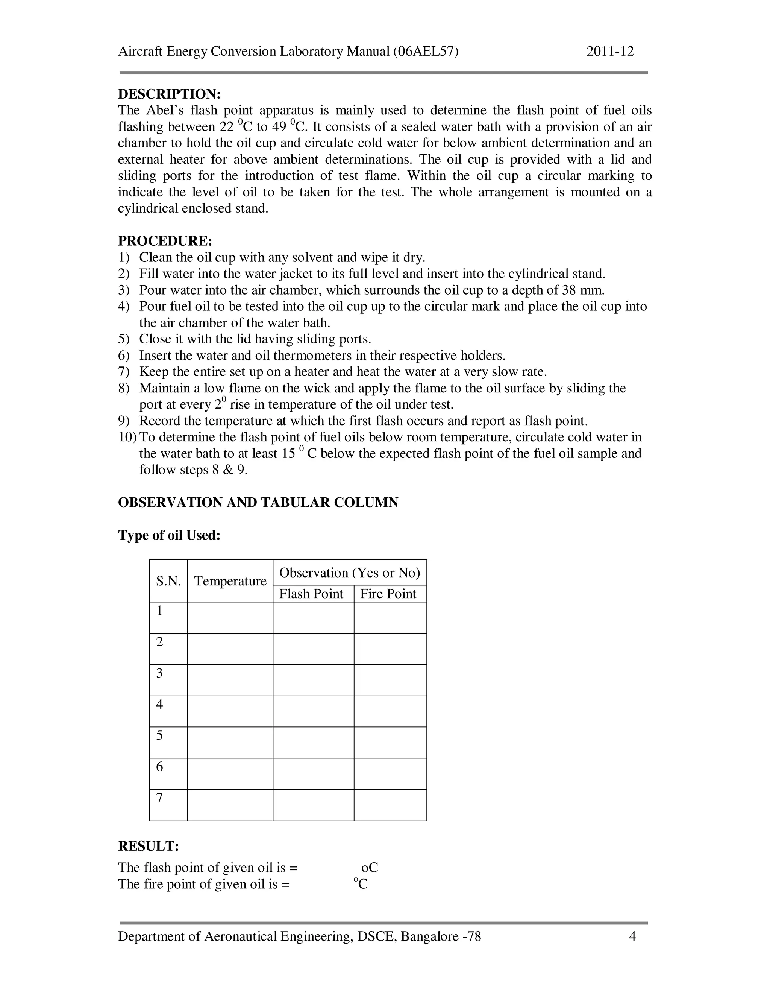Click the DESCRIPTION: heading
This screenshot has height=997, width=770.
point(169,94)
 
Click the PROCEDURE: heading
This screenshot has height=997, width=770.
point(165,241)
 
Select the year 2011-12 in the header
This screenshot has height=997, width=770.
point(610,51)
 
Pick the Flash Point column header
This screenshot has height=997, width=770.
point(311,594)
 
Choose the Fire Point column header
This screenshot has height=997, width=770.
point(388,594)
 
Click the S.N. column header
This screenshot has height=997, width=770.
point(168,581)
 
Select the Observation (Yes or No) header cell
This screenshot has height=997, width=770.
point(349,573)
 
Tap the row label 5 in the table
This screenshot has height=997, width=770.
point(159,736)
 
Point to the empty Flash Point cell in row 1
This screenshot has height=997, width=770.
point(314,618)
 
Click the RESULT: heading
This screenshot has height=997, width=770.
point(148,846)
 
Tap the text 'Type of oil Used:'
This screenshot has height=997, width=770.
point(169,535)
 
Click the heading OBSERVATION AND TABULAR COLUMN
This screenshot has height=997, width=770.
point(258,503)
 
